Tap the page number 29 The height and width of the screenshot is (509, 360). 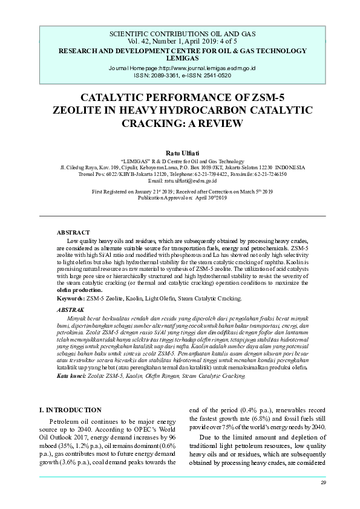pos(323,482)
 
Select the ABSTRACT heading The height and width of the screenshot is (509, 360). pos(73,233)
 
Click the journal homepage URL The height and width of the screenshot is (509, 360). pos(182,68)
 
